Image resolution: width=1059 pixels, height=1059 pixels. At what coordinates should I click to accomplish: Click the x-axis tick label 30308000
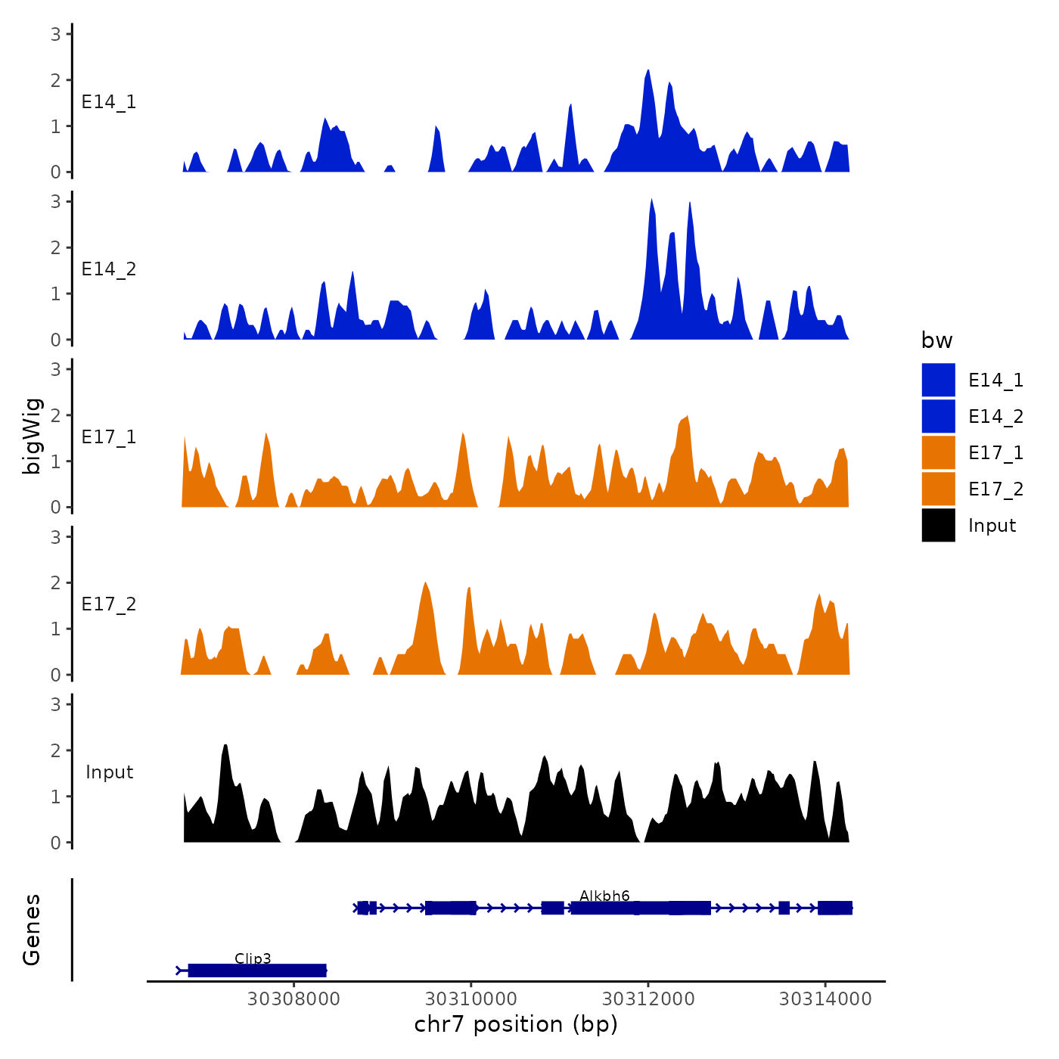pyautogui.click(x=293, y=999)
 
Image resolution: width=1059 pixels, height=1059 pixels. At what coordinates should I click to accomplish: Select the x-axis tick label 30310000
pyautogui.click(x=470, y=999)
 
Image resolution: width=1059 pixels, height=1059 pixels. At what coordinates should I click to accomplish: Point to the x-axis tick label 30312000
pyautogui.click(x=648, y=999)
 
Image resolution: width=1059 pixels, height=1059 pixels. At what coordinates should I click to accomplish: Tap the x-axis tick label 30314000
pyautogui.click(x=825, y=999)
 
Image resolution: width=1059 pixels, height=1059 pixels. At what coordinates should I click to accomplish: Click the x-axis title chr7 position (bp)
pyautogui.click(x=516, y=1024)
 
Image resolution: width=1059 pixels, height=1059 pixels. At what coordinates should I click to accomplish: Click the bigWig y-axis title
pyautogui.click(x=33, y=436)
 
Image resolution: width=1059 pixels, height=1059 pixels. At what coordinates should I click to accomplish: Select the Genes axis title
pyautogui.click(x=32, y=930)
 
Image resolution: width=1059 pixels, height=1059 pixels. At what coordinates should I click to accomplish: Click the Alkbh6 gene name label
pyautogui.click(x=604, y=896)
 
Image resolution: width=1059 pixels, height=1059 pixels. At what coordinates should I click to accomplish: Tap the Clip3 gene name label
pyautogui.click(x=253, y=958)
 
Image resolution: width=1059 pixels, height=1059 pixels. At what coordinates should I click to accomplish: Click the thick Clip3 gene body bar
pyautogui.click(x=257, y=970)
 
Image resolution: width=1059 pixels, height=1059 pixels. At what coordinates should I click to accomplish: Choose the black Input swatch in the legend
pyautogui.click(x=938, y=525)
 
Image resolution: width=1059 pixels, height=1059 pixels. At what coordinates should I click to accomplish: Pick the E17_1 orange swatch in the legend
pyautogui.click(x=938, y=452)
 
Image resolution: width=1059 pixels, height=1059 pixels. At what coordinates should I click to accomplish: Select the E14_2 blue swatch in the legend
pyautogui.click(x=938, y=416)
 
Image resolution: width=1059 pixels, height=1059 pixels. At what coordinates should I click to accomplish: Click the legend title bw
pyautogui.click(x=936, y=341)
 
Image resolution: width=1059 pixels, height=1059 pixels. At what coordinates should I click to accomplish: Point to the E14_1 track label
pyautogui.click(x=109, y=102)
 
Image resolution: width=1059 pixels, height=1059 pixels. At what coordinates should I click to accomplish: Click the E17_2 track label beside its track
pyautogui.click(x=109, y=604)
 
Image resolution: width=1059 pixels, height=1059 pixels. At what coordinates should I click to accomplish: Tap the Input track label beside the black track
pyautogui.click(x=109, y=772)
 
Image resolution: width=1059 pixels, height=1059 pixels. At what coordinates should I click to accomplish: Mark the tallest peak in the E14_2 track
pyautogui.click(x=651, y=201)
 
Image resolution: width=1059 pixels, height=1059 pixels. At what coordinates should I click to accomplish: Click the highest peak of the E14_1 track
pyautogui.click(x=648, y=72)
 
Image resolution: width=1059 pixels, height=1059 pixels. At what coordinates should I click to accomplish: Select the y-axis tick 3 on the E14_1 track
pyautogui.click(x=56, y=33)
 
